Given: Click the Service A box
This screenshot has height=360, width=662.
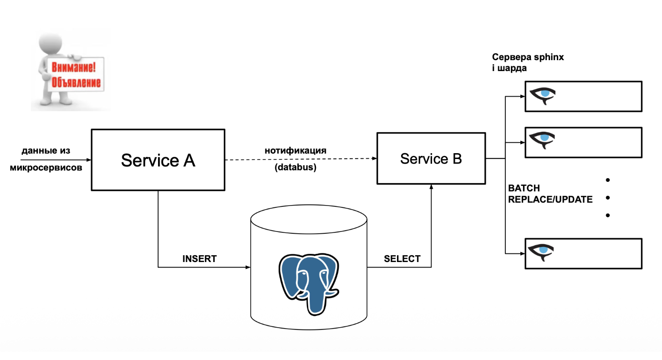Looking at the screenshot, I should (158, 160).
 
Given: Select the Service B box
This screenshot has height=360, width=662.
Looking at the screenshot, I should (431, 159).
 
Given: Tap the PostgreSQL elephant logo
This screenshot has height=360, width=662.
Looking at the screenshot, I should (309, 283).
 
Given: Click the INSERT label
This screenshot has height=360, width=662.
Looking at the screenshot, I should (199, 259).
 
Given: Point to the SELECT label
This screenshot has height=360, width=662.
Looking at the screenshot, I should (402, 259).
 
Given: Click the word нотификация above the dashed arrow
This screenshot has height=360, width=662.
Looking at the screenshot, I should (296, 150).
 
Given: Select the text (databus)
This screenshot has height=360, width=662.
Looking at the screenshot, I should (296, 167).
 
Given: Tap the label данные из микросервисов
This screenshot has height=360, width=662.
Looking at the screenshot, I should (46, 159).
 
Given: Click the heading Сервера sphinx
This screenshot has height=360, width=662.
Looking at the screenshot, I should (528, 57).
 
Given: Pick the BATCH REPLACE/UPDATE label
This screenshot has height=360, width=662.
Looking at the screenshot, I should (550, 194).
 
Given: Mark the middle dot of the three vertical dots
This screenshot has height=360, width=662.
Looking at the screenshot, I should (607, 198).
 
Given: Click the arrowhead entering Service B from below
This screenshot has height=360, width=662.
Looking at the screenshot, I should (431, 187).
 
